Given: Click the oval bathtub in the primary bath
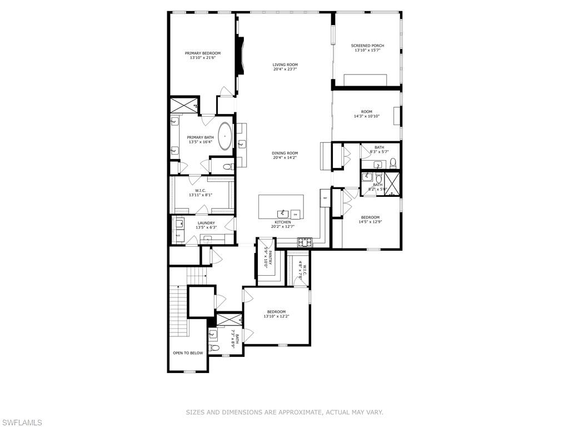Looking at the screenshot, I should (x=225, y=136).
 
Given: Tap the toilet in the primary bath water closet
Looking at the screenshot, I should (x=227, y=166).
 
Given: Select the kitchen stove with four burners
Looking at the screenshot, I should (x=305, y=242).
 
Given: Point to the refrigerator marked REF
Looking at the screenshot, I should (x=325, y=197).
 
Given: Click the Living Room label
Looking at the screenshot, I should (x=285, y=64).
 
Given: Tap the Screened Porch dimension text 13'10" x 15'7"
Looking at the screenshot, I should (x=367, y=51).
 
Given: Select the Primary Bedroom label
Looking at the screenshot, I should (x=202, y=53).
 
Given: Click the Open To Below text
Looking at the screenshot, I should (x=188, y=353).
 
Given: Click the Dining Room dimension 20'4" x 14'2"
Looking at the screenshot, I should (x=285, y=158).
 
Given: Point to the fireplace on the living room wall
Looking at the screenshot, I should (x=239, y=56).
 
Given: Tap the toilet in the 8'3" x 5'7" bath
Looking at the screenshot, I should (x=392, y=162).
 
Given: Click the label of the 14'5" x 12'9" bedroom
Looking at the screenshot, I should (x=370, y=217).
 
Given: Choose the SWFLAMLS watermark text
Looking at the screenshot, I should (x=21, y=423).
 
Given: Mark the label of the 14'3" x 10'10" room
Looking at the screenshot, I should (x=367, y=112).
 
